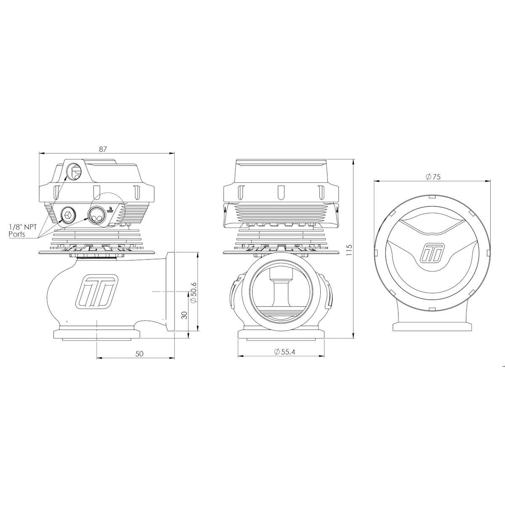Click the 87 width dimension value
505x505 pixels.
pyautogui.click(x=103, y=149)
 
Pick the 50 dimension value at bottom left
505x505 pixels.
pyautogui.click(x=139, y=353)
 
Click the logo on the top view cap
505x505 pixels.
pyautogui.click(x=433, y=254)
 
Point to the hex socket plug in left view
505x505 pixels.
pyautogui.click(x=68, y=215)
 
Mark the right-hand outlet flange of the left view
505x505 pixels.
pyautogui.click(x=171, y=293)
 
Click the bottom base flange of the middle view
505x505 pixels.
pyautogui.click(x=281, y=335)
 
